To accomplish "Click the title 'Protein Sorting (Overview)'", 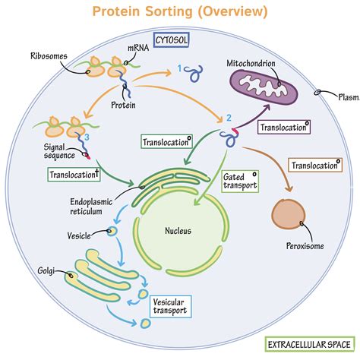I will tap(180, 11).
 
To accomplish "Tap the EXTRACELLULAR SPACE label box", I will tap(308, 346).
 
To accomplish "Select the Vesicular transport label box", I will tap(172, 306).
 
